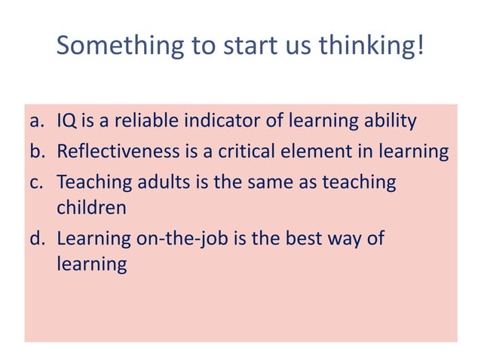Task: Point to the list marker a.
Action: pyautogui.click(x=38, y=121)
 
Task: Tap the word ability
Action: pyautogui.click(x=389, y=121)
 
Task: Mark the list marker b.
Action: pyautogui.click(x=38, y=151)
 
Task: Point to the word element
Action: pyautogui.click(x=311, y=151)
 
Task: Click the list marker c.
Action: pyautogui.click(x=38, y=182)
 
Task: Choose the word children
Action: pyautogui.click(x=91, y=206)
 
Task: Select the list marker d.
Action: pyautogui.click(x=38, y=239)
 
